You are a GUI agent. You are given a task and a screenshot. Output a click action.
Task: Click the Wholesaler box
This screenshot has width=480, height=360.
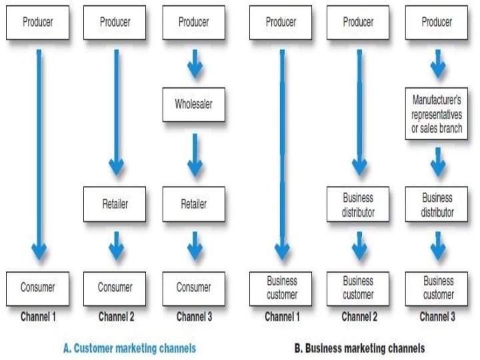(193, 104)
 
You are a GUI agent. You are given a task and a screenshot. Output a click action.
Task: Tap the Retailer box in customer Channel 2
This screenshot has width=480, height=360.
(115, 204)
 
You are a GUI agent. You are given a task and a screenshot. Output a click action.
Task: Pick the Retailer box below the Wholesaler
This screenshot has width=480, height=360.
(193, 204)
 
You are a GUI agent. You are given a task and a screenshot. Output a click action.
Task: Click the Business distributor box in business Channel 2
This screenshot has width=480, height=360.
(358, 205)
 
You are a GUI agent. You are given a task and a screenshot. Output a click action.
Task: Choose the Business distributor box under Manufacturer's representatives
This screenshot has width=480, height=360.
(437, 205)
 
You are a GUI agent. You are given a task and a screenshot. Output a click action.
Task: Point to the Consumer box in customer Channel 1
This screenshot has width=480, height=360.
(37, 288)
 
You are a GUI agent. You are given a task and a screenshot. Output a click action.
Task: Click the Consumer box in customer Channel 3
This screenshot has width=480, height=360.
(193, 288)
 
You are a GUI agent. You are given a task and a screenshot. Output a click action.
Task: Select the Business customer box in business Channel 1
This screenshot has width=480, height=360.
(281, 288)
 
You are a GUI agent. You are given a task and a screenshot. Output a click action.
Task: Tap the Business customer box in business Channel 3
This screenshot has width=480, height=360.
(437, 288)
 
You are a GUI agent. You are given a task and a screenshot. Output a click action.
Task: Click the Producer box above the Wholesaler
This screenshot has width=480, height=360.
(193, 22)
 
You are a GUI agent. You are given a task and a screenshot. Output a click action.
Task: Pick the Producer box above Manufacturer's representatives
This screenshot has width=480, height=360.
(437, 22)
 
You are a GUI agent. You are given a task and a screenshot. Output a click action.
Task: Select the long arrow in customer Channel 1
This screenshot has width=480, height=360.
(39, 153)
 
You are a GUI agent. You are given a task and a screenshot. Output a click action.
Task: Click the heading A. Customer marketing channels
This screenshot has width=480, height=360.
(129, 347)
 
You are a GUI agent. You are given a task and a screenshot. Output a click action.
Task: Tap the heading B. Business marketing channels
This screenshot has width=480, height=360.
(359, 347)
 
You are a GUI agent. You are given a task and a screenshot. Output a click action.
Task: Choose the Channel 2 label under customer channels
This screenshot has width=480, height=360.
(116, 317)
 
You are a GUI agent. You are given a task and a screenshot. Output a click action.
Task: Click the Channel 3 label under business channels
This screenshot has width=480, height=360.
(437, 317)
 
